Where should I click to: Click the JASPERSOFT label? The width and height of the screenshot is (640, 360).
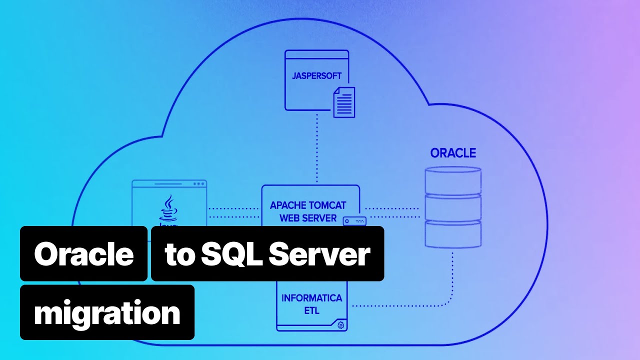(x=317, y=76)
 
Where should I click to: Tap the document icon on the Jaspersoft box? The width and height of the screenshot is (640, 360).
(x=344, y=102)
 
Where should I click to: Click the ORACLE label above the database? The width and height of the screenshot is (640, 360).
(x=453, y=153)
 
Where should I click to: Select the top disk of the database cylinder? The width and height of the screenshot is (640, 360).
(x=453, y=181)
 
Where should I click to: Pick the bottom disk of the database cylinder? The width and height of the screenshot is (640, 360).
(x=453, y=234)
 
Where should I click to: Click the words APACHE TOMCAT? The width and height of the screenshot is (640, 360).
(x=307, y=205)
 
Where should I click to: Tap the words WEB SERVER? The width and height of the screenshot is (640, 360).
(x=308, y=218)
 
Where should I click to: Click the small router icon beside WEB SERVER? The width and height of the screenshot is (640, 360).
(x=354, y=221)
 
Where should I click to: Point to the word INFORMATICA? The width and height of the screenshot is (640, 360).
(x=311, y=298)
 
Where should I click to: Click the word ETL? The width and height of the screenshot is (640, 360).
(x=311, y=310)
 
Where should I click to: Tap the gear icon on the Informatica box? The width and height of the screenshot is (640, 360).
(x=341, y=325)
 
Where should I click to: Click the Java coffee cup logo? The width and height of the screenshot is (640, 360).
(x=168, y=209)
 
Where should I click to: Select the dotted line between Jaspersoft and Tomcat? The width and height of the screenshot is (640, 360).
(x=317, y=150)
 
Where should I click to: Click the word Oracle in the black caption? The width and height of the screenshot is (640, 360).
(x=83, y=254)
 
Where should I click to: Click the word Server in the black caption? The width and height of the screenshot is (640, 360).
(x=319, y=254)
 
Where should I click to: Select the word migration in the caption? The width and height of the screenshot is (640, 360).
(x=107, y=313)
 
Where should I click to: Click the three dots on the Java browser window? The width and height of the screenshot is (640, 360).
(x=199, y=183)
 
